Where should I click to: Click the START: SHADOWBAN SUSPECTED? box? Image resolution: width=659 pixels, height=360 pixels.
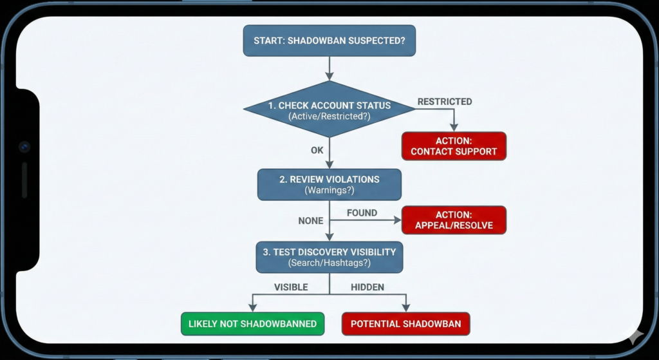click(329, 41)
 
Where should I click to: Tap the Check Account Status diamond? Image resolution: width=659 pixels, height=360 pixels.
click(329, 109)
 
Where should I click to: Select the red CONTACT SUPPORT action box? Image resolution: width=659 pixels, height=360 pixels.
click(454, 146)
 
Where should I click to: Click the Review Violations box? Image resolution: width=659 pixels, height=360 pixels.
click(329, 184)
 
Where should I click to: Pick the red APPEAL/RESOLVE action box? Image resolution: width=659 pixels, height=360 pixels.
click(454, 220)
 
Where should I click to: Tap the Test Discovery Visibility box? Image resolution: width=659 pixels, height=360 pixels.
click(329, 257)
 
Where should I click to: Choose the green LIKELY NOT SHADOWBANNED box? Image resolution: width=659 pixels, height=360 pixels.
click(252, 324)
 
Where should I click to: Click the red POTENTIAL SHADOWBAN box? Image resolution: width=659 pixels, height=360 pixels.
click(405, 324)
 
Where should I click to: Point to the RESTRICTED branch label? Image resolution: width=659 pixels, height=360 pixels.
click(444, 102)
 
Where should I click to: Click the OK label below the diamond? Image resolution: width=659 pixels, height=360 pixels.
click(317, 150)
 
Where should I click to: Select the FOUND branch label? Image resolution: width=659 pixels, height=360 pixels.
click(362, 213)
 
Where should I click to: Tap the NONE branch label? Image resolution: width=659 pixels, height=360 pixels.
click(311, 221)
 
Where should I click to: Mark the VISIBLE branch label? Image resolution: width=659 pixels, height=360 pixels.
click(291, 287)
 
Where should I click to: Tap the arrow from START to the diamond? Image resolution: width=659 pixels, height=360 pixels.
click(329, 68)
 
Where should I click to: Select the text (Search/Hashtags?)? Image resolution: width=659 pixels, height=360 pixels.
click(329, 263)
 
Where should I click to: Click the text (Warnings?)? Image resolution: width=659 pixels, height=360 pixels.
click(329, 191)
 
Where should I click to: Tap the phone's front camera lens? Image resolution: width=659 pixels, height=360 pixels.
click(24, 147)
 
